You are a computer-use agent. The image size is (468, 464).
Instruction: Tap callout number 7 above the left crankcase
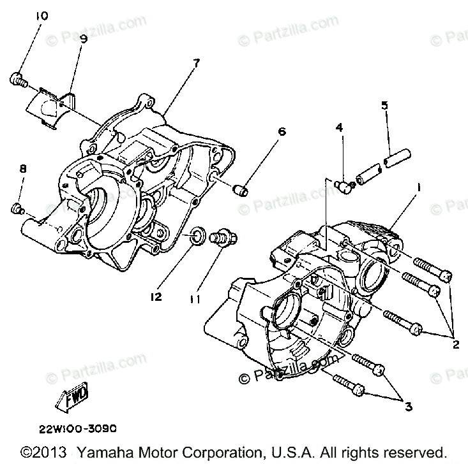coord(196,62)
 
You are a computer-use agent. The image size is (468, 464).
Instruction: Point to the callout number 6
coord(281,132)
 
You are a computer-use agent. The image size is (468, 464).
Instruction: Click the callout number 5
coord(385,105)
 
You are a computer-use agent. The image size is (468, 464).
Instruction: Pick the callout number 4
coord(339,127)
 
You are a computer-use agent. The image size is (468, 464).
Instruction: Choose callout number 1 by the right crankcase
coord(419,189)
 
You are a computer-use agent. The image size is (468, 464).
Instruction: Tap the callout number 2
coord(456,345)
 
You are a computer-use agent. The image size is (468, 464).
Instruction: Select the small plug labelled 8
coord(17,208)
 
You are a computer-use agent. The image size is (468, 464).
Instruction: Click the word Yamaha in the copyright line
coord(105,451)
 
